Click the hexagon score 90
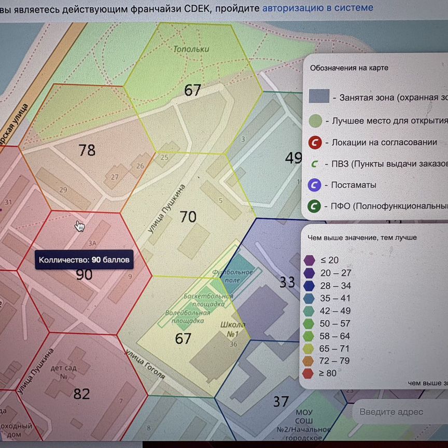(x=84, y=274)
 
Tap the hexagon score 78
(x=87, y=150)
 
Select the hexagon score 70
(x=188, y=216)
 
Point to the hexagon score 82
(x=81, y=394)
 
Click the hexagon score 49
(x=293, y=158)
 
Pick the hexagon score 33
(x=287, y=282)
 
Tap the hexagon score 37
(x=281, y=401)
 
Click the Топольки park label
(x=191, y=49)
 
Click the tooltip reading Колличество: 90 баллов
(x=84, y=259)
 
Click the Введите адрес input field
(x=399, y=412)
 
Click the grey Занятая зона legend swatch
(x=319, y=96)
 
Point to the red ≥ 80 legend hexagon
(x=310, y=373)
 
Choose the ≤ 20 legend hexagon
(x=310, y=260)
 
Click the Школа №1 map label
(x=236, y=329)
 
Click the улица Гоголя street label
(x=146, y=364)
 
